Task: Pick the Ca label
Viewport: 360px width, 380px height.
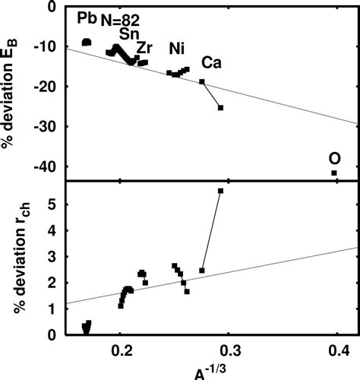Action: point(212,62)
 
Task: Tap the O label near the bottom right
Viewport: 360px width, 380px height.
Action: point(333,158)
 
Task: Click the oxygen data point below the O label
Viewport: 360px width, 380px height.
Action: point(334,173)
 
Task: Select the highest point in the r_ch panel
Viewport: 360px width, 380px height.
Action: point(220,191)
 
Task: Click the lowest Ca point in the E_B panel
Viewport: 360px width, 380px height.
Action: point(220,108)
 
